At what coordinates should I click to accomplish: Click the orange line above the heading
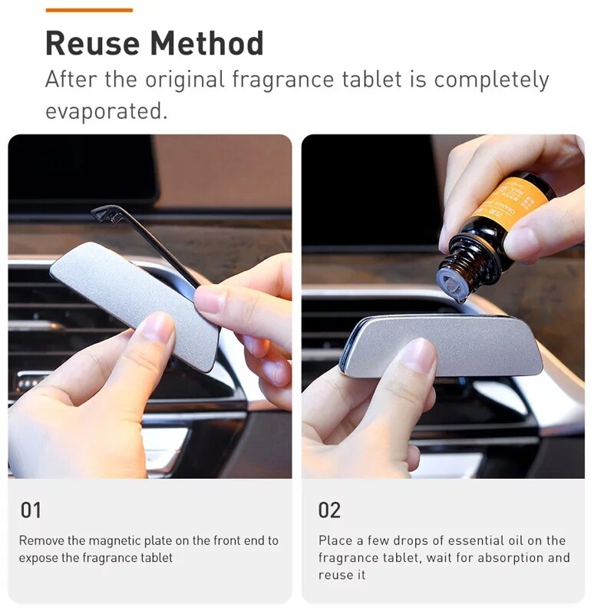(x=89, y=10)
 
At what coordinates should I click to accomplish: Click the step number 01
(x=31, y=510)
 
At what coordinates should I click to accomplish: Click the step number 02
(x=330, y=510)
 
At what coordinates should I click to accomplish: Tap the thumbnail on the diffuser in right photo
(x=419, y=355)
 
